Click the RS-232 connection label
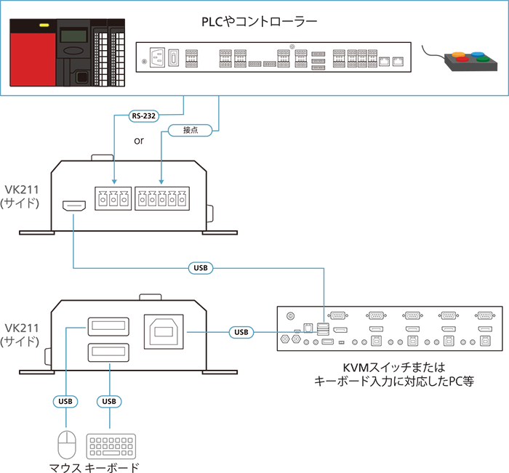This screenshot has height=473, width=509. tap(144, 115)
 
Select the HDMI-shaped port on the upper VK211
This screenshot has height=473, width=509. tap(74, 207)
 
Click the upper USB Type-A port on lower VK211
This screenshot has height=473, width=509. tap(108, 327)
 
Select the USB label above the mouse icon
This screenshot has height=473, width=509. tap(65, 400)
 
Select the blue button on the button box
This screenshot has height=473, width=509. tap(476, 54)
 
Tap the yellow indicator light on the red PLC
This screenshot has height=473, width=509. tap(44, 27)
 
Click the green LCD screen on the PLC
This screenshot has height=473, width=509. tap(72, 34)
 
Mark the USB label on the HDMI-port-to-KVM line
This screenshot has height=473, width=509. tap(199, 267)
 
